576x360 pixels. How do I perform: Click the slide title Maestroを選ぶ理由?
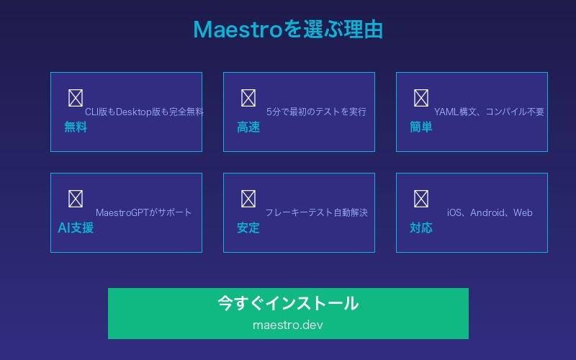[288, 30]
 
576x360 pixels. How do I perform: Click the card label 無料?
[76, 127]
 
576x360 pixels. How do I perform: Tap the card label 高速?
[248, 127]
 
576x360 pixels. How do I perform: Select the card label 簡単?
[421, 127]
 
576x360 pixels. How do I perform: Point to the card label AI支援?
[76, 228]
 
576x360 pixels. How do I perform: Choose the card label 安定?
[248, 228]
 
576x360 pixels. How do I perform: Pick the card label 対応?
[421, 228]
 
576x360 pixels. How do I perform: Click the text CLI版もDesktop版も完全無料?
[144, 112]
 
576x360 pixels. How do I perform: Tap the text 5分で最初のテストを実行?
[316, 112]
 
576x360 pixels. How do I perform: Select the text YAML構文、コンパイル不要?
[489, 112]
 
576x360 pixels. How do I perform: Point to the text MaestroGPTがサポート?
[144, 212]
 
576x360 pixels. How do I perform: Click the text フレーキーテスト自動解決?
[316, 212]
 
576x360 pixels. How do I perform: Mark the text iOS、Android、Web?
[490, 212]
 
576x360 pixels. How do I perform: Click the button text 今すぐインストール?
[288, 303]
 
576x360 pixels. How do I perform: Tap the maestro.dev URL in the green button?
[288, 325]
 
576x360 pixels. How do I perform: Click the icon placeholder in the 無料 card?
[76, 98]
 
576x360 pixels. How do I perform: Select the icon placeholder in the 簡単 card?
[421, 98]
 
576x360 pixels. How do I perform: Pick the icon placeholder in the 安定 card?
[248, 199]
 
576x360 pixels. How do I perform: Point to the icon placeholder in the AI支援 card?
[76, 199]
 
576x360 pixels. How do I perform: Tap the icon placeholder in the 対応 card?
[421, 199]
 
